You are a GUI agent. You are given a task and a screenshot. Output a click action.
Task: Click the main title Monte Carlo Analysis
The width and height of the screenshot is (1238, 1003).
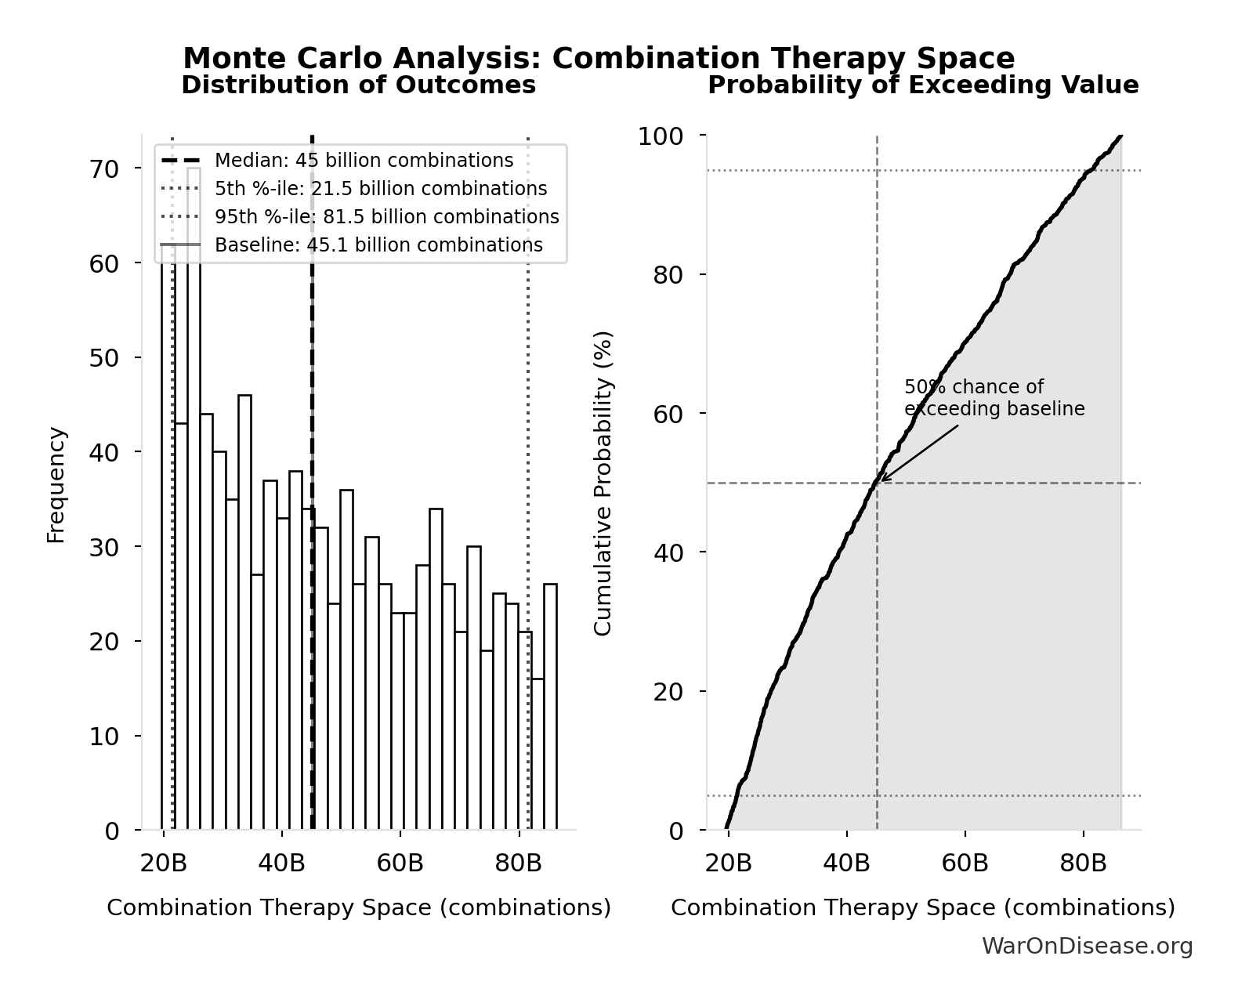click(599, 59)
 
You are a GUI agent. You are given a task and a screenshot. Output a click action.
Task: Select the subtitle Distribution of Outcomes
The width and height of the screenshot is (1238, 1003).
click(359, 85)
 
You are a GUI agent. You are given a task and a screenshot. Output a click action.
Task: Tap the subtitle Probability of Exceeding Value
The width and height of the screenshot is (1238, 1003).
click(923, 85)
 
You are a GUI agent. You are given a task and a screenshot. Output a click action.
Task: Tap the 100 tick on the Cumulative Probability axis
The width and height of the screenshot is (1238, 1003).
click(660, 136)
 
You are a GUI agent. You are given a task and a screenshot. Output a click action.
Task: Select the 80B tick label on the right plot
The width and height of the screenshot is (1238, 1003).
click(1083, 864)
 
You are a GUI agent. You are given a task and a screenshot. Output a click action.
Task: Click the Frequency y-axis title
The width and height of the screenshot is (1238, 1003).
click(56, 484)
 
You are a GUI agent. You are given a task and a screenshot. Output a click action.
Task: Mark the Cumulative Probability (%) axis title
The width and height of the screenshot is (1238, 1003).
click(603, 483)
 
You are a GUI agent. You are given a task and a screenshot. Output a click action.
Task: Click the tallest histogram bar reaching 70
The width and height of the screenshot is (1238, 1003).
click(194, 501)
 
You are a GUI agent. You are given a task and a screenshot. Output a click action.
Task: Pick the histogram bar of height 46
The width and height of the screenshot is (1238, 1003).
click(244, 611)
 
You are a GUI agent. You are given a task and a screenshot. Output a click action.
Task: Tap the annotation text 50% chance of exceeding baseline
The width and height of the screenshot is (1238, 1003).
click(994, 398)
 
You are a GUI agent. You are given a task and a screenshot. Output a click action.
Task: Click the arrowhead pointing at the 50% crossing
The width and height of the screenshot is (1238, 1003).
click(883, 479)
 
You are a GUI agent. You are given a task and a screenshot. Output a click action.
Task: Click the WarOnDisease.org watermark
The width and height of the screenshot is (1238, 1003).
click(1087, 947)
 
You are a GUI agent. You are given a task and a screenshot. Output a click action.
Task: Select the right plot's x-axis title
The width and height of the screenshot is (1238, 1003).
click(923, 908)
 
